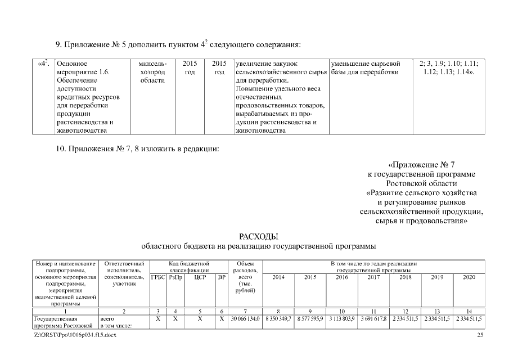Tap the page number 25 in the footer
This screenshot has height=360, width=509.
(480, 335)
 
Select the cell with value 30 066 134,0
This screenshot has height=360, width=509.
(245, 318)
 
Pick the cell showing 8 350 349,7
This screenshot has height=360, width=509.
(279, 318)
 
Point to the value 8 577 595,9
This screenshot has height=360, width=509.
(310, 318)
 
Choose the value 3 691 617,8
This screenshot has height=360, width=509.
(373, 318)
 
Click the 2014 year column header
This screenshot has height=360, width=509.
(279, 277)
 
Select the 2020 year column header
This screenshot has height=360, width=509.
(469, 277)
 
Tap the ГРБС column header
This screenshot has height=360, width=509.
(157, 277)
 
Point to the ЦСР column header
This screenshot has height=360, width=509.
(200, 277)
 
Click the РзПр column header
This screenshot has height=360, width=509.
(175, 277)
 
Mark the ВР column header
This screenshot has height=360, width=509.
(222, 277)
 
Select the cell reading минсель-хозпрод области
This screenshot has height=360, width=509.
(151, 72)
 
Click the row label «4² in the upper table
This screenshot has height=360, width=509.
(43, 64)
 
